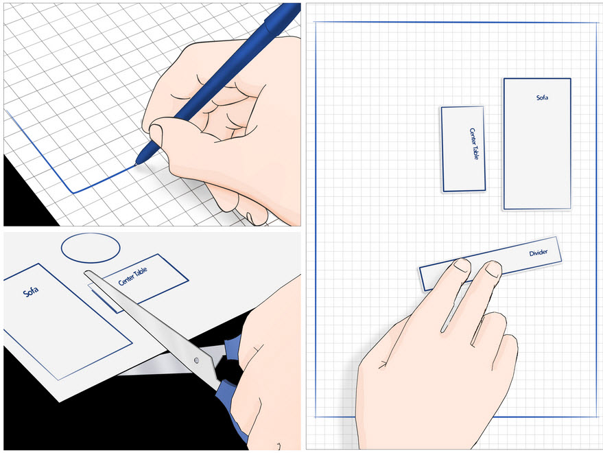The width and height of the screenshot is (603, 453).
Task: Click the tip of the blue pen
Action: tap(137, 164)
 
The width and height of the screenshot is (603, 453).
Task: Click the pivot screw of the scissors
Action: tap(196, 360)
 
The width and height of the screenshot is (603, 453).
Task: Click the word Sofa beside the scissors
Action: tap(31, 291)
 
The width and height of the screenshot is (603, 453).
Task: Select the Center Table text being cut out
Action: tap(132, 277)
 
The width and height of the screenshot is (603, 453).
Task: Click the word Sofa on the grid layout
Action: tap(542, 97)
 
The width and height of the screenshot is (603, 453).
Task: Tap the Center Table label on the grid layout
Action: tap(474, 143)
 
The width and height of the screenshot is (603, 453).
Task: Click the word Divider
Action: tap(539, 253)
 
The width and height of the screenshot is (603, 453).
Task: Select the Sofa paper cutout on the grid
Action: tap(537, 144)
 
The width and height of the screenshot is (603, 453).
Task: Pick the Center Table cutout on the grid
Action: tap(463, 149)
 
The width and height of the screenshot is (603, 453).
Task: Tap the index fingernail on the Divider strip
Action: tap(462, 265)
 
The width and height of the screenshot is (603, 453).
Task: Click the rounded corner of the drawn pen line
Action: tap(73, 191)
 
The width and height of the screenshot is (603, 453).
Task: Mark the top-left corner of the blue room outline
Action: tap(316, 23)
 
